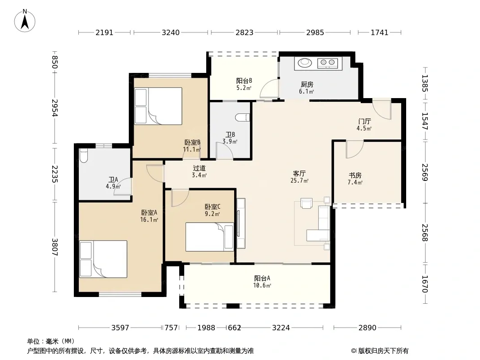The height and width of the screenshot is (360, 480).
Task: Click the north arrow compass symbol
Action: [25, 21]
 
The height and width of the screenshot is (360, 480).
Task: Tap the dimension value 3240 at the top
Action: [171, 32]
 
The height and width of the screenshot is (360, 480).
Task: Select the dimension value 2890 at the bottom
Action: [367, 328]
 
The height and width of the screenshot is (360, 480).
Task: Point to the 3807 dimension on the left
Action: [55, 247]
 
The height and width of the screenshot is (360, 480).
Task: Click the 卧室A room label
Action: [149, 212]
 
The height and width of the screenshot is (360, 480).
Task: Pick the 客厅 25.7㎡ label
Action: [299, 177]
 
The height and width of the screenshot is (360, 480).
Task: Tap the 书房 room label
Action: [355, 175]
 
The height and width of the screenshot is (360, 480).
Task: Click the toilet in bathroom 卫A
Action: [83, 155]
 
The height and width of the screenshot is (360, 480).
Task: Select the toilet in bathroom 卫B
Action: [243, 117]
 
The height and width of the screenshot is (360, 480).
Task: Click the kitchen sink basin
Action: [304, 63]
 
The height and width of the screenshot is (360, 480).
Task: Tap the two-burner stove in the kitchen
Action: [327, 63]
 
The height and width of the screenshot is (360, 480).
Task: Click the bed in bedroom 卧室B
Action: [158, 106]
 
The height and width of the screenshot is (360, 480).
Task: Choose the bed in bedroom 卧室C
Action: [209, 237]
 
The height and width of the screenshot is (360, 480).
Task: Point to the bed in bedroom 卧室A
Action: [103, 259]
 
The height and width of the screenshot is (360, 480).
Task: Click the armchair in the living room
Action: [307, 203]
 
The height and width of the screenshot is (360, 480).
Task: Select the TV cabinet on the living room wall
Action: [241, 223]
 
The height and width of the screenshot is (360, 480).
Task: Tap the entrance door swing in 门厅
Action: [382, 109]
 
